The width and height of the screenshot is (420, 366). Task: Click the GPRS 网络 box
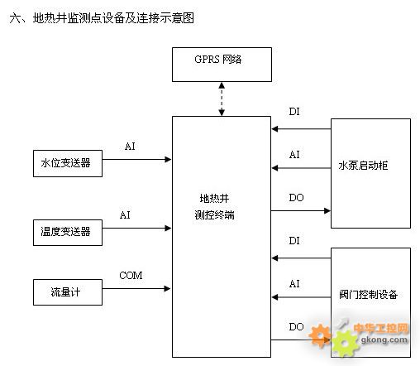pyautogui.click(x=222, y=65)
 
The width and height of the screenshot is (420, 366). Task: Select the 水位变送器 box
pyautogui.click(x=68, y=163)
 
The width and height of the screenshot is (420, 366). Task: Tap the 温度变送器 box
pyautogui.click(x=68, y=233)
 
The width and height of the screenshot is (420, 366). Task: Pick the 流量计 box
pyautogui.click(x=68, y=292)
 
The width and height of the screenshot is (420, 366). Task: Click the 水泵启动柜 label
pyautogui.click(x=363, y=166)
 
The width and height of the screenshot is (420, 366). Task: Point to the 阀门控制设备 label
pyautogui.click(x=368, y=295)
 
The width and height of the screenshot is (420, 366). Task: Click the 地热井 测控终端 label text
pyautogui.click(x=214, y=206)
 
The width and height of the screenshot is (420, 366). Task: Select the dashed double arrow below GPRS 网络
pyautogui.click(x=222, y=99)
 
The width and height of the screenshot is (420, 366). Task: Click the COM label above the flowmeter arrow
pyautogui.click(x=131, y=275)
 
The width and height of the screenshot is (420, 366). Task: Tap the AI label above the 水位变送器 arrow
pyautogui.click(x=130, y=147)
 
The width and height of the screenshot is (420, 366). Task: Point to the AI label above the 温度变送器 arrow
pyautogui.click(x=125, y=215)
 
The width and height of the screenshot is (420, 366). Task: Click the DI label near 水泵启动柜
pyautogui.click(x=294, y=112)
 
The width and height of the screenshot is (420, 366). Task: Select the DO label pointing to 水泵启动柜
pyautogui.click(x=296, y=198)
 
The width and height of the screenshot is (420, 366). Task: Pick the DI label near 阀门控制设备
pyautogui.click(x=294, y=241)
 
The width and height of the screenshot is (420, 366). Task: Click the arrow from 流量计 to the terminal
pyautogui.click(x=136, y=289)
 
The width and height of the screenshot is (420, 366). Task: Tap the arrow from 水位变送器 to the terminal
pyautogui.click(x=136, y=159)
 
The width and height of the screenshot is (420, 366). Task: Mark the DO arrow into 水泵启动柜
pyautogui.click(x=301, y=211)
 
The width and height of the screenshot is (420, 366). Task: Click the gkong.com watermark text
pyautogui.click(x=384, y=340)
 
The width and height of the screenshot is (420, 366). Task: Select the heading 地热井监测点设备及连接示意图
pyautogui.click(x=113, y=18)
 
